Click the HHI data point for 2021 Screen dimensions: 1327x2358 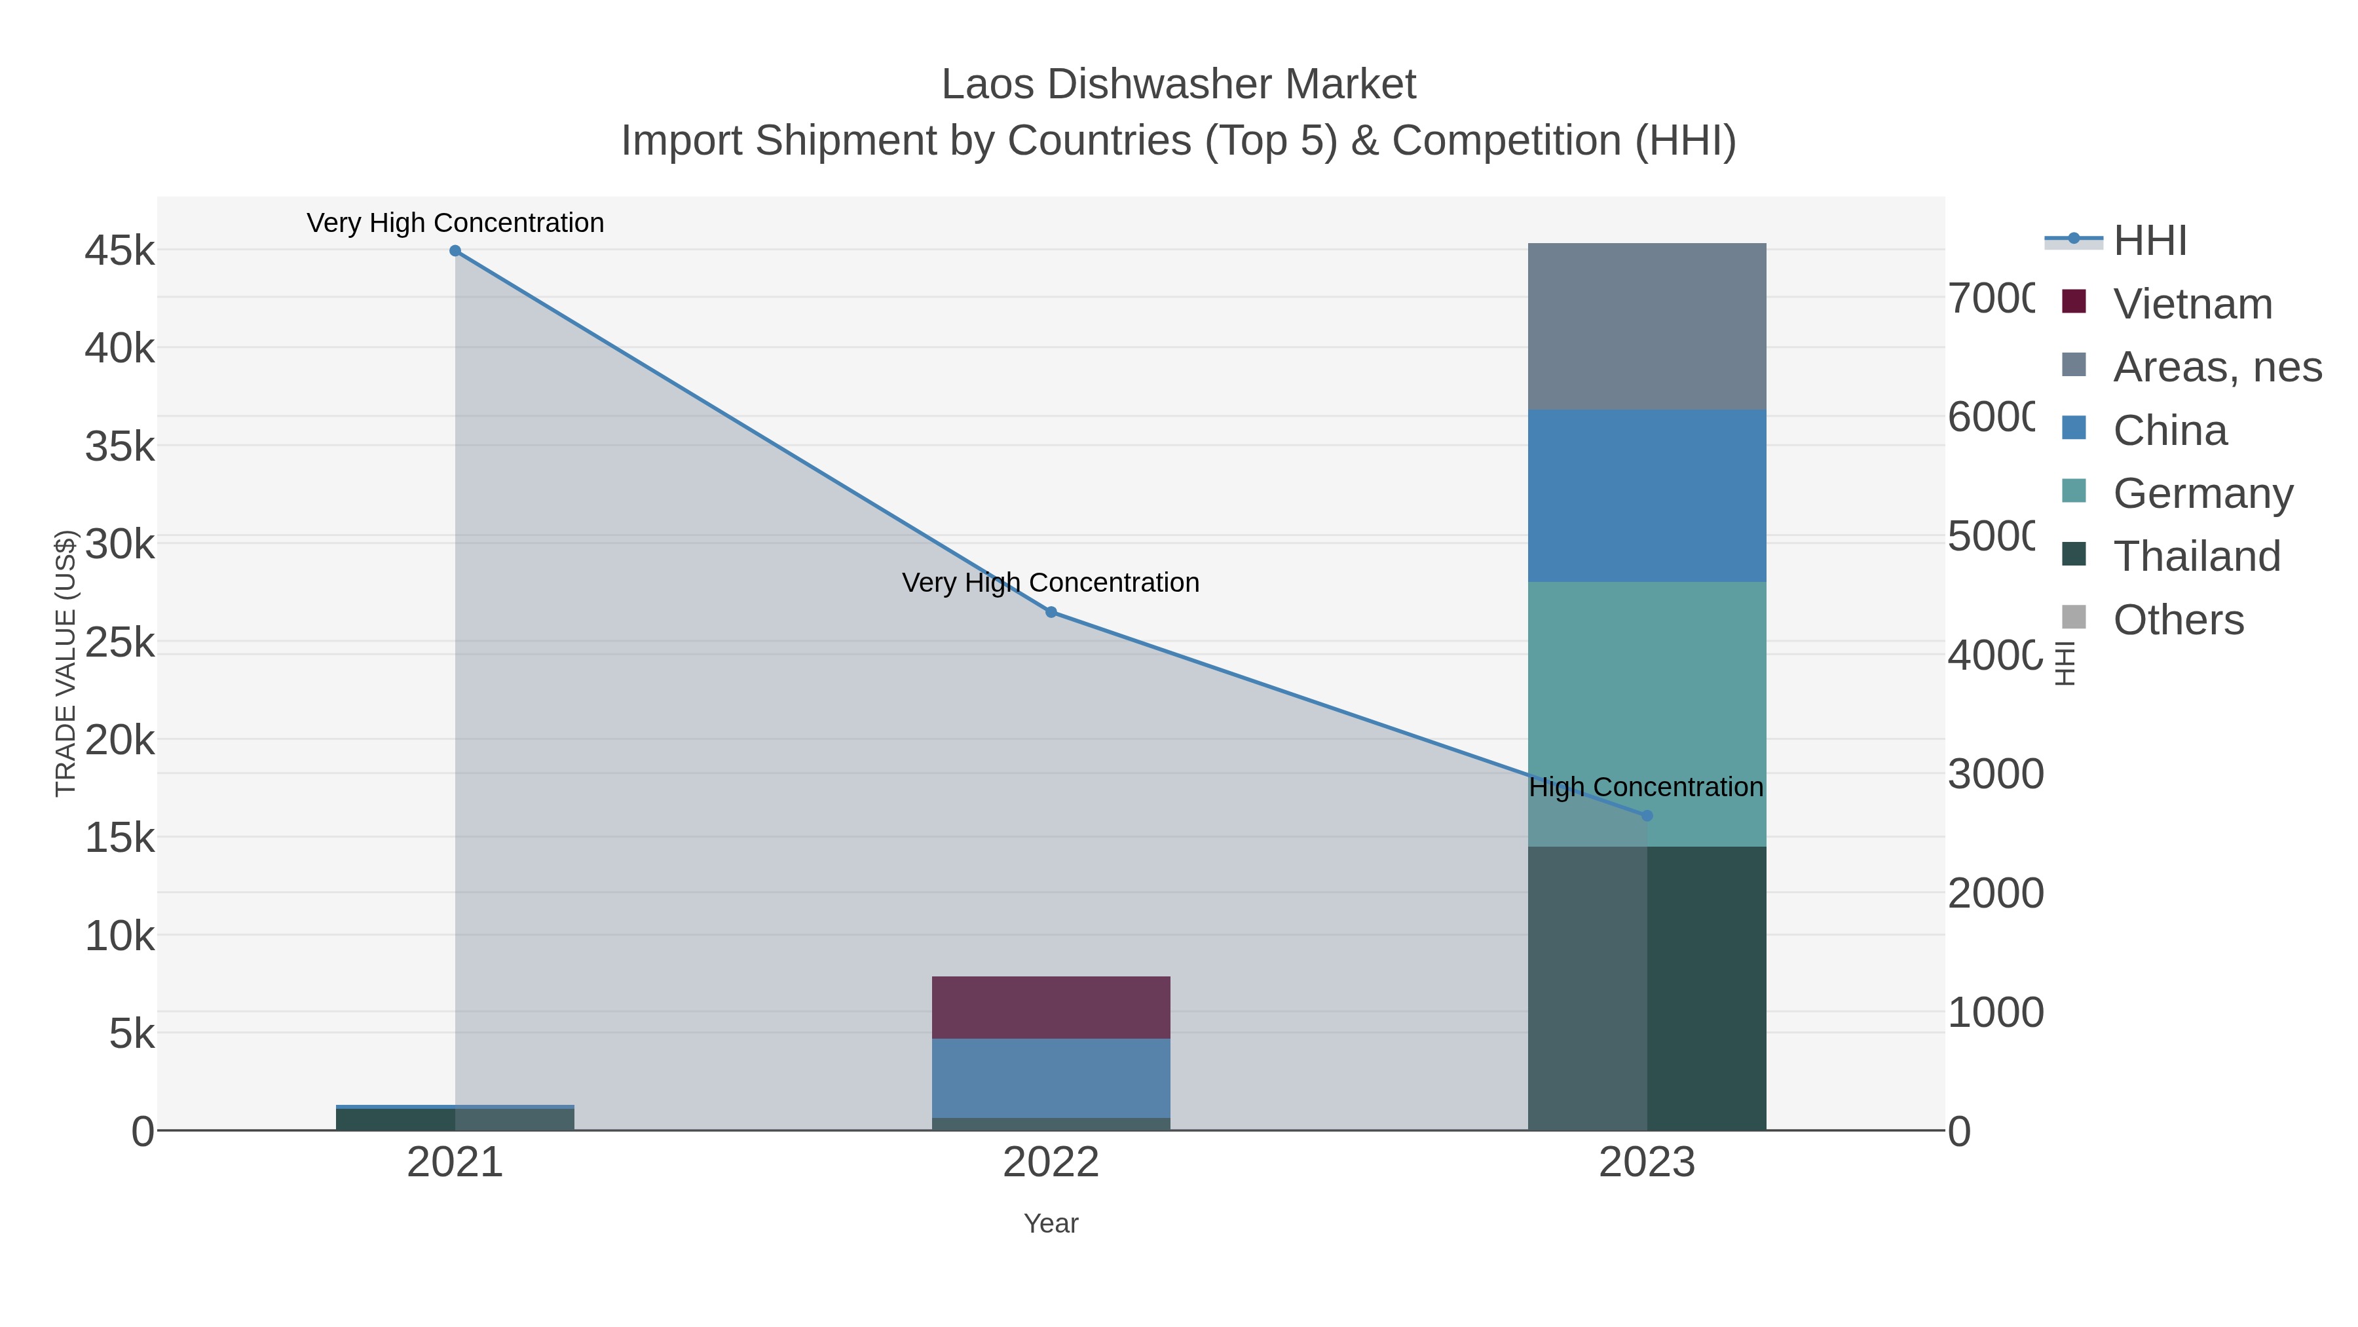pyautogui.click(x=455, y=251)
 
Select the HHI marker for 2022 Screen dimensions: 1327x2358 pyautogui.click(x=1051, y=612)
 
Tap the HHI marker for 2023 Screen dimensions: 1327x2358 pyautogui.click(x=1647, y=815)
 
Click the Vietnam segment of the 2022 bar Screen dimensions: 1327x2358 pyautogui.click(x=1051, y=1007)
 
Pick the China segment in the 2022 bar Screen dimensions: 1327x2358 pyautogui.click(x=1051, y=1078)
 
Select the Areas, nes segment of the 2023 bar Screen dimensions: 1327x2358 pyautogui.click(x=1647, y=326)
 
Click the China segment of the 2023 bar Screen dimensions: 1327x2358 pyautogui.click(x=1647, y=495)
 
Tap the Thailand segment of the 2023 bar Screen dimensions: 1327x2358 pyautogui.click(x=1706, y=988)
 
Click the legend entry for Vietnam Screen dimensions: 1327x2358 pyautogui.click(x=2192, y=304)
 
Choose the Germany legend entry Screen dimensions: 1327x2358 pyautogui.click(x=2202, y=493)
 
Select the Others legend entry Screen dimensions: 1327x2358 pyautogui.click(x=2178, y=620)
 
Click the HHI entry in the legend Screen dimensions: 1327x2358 pyautogui.click(x=2149, y=241)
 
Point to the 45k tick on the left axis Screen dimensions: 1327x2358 pyautogui.click(x=120, y=251)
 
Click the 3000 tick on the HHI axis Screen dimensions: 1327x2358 pyautogui.click(x=1994, y=775)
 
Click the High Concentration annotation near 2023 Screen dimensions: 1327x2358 pyautogui.click(x=1645, y=786)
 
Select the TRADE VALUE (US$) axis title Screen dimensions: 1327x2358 pyautogui.click(x=66, y=663)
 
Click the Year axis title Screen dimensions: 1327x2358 pyautogui.click(x=1051, y=1223)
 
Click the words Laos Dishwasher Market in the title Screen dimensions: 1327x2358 pyautogui.click(x=1178, y=85)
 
